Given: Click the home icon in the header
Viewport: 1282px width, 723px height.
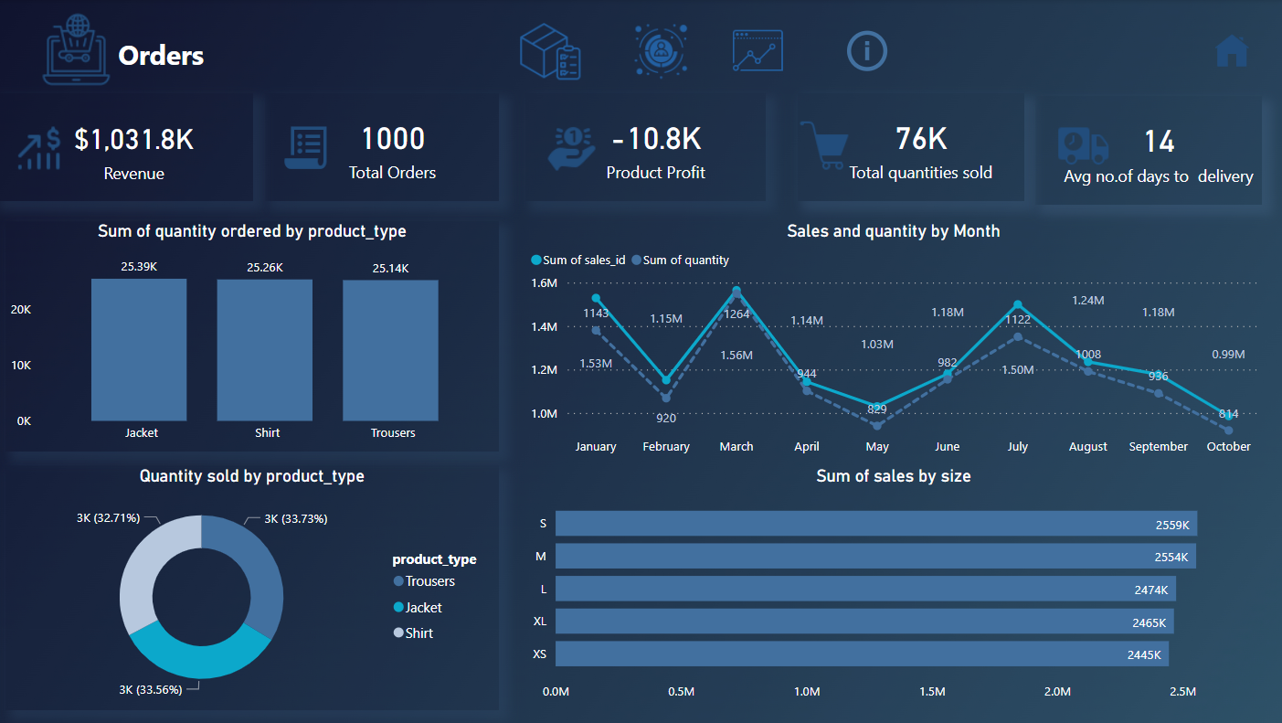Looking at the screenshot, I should coord(1231,51).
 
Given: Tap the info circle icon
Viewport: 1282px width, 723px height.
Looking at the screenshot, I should coord(866,51).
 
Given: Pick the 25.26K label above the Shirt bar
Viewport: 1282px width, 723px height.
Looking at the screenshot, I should coord(265,268).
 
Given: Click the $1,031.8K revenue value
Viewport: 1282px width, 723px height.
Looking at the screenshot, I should coord(134,140).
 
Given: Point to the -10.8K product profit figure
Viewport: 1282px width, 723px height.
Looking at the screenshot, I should coord(656,139).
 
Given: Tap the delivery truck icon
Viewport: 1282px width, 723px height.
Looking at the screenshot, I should coord(1083,147).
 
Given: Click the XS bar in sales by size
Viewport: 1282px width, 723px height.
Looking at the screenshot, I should coord(861,654).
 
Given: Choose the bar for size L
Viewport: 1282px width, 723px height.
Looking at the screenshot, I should coord(864,590).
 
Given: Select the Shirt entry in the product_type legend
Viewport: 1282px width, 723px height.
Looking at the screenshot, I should coord(419,633).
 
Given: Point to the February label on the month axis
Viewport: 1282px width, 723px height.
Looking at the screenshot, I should coord(665,447).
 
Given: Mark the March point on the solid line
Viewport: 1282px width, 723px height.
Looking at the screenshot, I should coord(736,292).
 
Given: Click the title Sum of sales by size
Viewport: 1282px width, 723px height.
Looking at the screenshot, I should coord(893,476).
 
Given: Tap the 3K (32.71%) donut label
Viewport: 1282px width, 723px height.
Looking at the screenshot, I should coord(108,518).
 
